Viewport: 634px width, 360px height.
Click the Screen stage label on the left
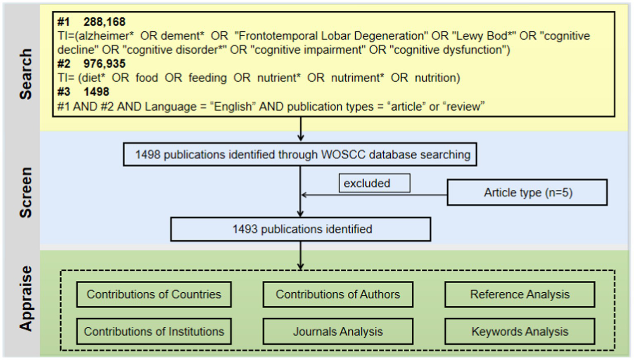tap(26, 192)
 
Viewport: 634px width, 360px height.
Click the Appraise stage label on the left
tap(26, 298)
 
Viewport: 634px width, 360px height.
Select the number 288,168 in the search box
tap(104, 22)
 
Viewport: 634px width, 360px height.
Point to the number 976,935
tap(104, 64)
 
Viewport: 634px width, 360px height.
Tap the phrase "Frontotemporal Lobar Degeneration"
tap(331, 36)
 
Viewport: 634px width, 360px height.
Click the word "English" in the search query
tap(233, 107)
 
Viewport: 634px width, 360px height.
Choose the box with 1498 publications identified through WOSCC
tap(300, 155)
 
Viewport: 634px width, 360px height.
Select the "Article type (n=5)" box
tap(527, 193)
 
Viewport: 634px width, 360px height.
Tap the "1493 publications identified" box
tap(301, 230)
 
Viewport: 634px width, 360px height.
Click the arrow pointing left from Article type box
tap(372, 195)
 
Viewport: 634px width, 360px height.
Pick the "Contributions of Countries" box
tap(154, 295)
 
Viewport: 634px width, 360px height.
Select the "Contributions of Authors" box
tap(337, 295)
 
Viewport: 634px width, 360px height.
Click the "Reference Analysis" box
tap(520, 295)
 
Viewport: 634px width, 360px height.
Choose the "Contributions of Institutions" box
tap(154, 332)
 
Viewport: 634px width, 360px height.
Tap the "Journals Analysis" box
tap(337, 332)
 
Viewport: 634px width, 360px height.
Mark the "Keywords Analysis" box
tap(520, 332)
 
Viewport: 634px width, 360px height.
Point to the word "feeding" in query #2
tap(207, 78)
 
